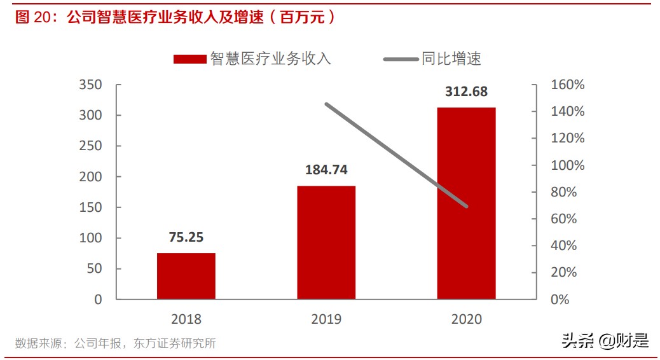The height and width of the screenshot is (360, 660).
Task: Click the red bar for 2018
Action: [x=186, y=276]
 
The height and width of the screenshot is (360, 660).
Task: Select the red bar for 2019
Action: [x=326, y=242]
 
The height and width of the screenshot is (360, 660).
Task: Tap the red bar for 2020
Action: [x=466, y=203]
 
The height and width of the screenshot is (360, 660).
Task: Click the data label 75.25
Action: [x=186, y=237]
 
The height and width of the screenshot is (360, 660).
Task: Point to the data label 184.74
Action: [x=326, y=170]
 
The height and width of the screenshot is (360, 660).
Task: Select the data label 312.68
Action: [x=466, y=92]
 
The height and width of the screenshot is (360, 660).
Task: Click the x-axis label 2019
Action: [x=326, y=319]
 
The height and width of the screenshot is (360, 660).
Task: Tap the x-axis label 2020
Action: [x=466, y=319]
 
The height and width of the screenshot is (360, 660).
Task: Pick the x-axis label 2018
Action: [x=186, y=319]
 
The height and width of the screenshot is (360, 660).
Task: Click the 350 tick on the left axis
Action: [x=90, y=85]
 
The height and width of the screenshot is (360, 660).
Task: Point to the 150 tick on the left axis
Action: [x=90, y=207]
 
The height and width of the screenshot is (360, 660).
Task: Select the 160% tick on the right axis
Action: [x=568, y=85]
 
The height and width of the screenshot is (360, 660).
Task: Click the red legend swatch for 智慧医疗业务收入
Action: [x=190, y=59]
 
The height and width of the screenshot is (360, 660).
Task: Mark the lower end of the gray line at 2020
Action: [x=467, y=206]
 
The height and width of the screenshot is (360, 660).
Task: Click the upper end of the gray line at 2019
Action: [x=326, y=104]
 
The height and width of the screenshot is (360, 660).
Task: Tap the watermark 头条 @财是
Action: [x=605, y=341]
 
